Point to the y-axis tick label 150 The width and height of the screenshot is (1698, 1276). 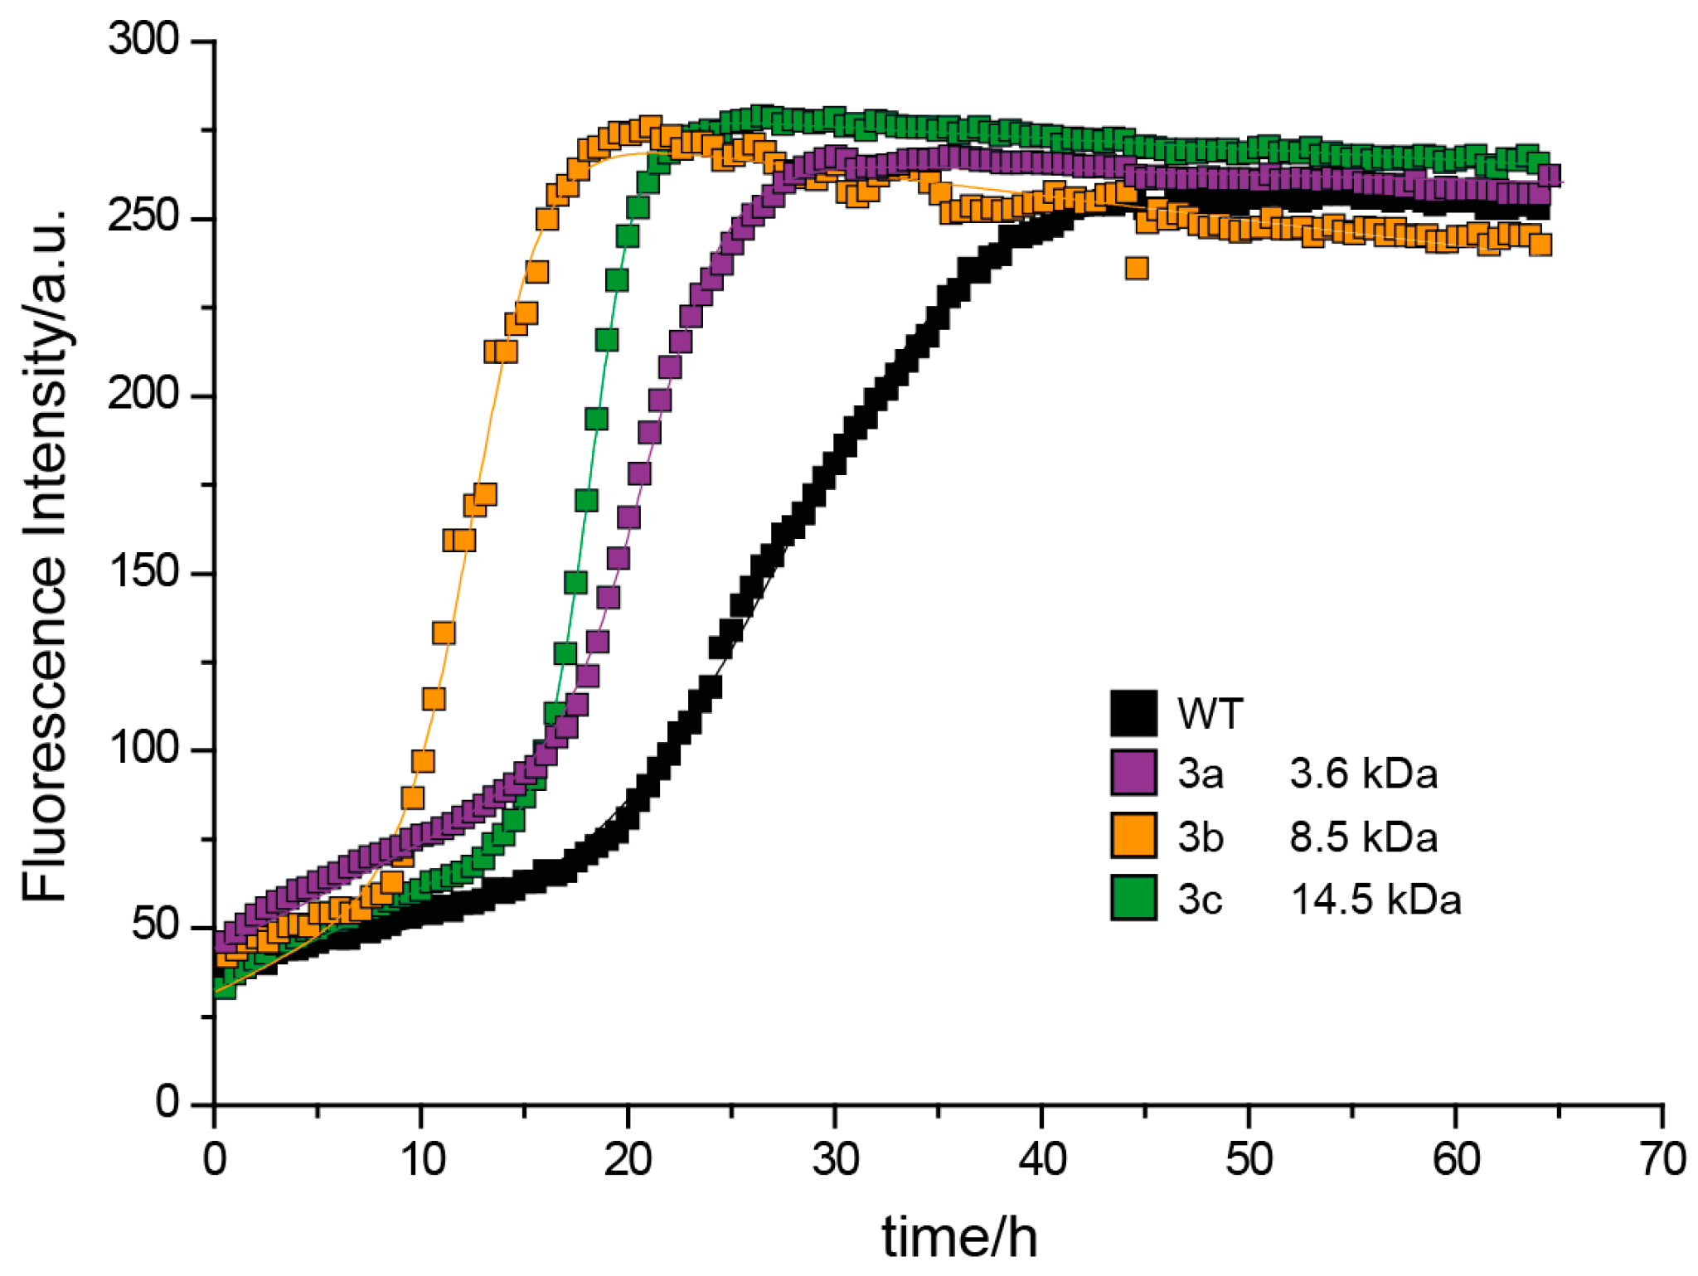point(143,572)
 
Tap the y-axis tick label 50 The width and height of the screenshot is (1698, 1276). point(154,926)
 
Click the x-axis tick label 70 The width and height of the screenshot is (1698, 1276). point(1662,1159)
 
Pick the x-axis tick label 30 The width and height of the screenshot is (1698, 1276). point(835,1159)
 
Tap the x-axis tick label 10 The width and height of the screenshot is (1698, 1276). point(422,1159)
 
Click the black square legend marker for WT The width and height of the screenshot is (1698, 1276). point(1133,713)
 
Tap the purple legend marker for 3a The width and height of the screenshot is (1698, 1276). point(1133,773)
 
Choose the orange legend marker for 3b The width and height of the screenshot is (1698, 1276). point(1133,835)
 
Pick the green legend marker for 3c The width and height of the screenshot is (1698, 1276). point(1133,898)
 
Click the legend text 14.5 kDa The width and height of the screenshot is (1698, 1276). point(1375,900)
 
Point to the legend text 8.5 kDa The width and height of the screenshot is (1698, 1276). point(1363,837)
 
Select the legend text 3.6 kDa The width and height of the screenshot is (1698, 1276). point(1363,774)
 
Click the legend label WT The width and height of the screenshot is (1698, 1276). point(1210,714)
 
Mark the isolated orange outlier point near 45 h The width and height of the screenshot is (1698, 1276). point(1136,269)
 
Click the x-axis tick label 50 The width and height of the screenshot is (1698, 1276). point(1249,1159)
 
